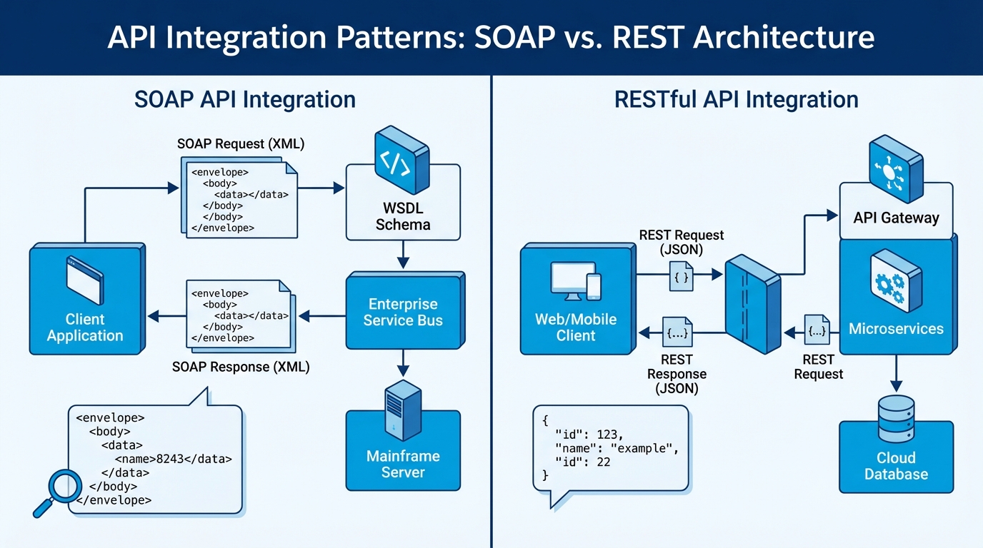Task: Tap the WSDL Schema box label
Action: pyautogui.click(x=403, y=216)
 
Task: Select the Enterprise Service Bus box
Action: pyautogui.click(x=403, y=312)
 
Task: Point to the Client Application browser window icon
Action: pyautogui.click(x=84, y=281)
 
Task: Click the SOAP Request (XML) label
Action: pyautogui.click(x=241, y=144)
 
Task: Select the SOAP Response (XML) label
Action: pyautogui.click(x=241, y=367)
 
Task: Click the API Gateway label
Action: pyautogui.click(x=896, y=218)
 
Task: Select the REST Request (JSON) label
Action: pyautogui.click(x=681, y=243)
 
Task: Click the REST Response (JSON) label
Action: pyautogui.click(x=677, y=374)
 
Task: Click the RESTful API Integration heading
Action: pyautogui.click(x=737, y=99)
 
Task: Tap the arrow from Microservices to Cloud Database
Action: pyautogui.click(x=896, y=372)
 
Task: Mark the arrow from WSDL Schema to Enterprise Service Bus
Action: pyautogui.click(x=403, y=254)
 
